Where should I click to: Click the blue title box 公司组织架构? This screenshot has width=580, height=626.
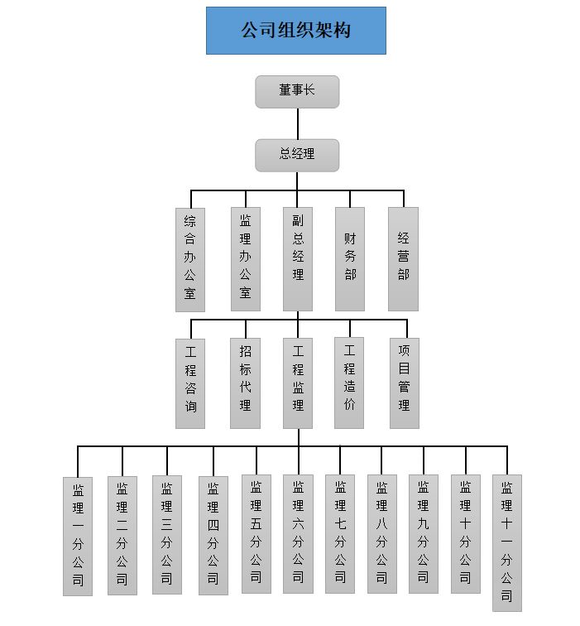click(295, 31)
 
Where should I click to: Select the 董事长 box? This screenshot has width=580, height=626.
click(297, 91)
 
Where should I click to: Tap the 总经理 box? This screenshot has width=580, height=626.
click(297, 155)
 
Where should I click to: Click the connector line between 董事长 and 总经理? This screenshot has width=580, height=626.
click(297, 123)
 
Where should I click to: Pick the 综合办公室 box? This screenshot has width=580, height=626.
click(190, 259)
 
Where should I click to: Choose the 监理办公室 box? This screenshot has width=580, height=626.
click(245, 259)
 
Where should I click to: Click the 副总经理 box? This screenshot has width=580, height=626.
click(298, 259)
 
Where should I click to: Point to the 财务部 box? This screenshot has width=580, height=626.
click(350, 259)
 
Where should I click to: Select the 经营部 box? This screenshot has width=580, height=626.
click(403, 259)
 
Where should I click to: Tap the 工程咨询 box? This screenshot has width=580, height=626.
click(190, 383)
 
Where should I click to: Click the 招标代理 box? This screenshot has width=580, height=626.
click(245, 383)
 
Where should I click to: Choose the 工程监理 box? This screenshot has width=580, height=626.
click(298, 383)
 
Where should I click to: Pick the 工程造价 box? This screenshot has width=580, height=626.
click(349, 383)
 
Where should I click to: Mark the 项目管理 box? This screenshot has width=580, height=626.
click(404, 383)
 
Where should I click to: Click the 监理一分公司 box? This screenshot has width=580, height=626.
click(78, 536)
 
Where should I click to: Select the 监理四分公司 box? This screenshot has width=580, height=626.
click(213, 536)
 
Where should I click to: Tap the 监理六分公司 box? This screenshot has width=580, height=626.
click(298, 534)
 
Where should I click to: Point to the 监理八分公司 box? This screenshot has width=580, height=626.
click(381, 534)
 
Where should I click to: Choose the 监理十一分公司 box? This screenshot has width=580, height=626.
click(506, 542)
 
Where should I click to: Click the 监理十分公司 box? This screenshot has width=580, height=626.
click(466, 534)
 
